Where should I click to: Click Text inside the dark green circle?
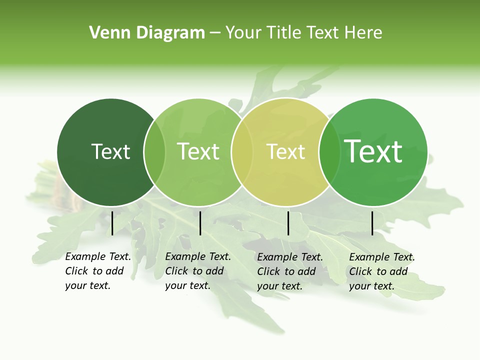click(110, 151)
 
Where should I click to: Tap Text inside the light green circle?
click(198, 151)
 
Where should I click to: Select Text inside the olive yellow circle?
click(285, 151)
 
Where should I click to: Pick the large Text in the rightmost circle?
click(373, 151)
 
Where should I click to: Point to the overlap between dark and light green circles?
click(154, 152)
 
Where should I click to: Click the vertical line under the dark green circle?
click(112, 223)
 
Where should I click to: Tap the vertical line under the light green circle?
click(200, 223)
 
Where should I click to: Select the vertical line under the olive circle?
click(288, 223)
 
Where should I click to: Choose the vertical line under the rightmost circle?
click(372, 223)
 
